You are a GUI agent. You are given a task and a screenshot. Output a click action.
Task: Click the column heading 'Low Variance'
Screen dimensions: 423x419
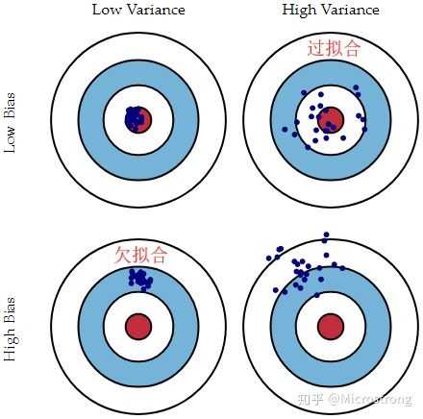point(138,10)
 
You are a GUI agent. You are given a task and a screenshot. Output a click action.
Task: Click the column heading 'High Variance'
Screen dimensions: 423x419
point(331,10)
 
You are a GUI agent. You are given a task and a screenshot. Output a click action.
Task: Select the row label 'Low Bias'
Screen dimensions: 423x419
point(10,123)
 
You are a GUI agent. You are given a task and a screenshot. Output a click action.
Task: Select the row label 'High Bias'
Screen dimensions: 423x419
point(10,329)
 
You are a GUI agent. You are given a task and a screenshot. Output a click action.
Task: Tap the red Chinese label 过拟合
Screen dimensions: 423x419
point(334,48)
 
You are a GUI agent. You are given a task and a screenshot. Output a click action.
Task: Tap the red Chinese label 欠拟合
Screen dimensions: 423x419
point(140,255)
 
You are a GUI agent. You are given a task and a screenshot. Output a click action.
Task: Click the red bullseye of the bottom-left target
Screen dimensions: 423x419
point(138,327)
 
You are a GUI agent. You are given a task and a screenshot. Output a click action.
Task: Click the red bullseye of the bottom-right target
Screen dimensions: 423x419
point(331,327)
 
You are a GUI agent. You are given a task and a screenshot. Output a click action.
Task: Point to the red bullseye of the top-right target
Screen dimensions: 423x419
point(331,120)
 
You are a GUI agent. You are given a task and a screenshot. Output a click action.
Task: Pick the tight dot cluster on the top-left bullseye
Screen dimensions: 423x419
point(134,119)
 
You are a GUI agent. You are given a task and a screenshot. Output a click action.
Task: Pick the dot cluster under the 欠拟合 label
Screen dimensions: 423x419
point(140,280)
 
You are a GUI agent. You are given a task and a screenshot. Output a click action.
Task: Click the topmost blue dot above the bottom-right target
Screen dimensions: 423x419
point(327,234)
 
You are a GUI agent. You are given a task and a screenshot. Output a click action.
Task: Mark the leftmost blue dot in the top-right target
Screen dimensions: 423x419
point(285,129)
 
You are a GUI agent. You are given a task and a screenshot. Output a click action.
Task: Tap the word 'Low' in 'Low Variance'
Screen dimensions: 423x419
point(107,10)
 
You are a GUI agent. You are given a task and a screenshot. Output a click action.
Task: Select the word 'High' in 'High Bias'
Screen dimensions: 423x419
point(10,344)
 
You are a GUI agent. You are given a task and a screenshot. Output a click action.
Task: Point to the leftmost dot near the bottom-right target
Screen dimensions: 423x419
point(269,259)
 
